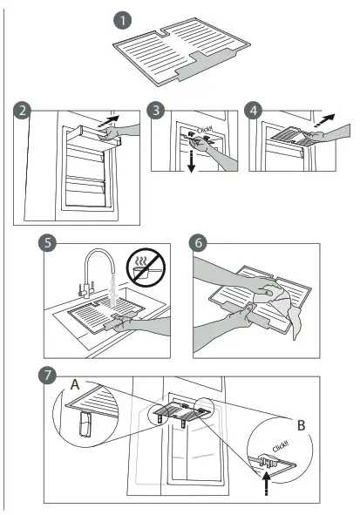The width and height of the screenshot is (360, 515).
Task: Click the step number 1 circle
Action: (x=125, y=17)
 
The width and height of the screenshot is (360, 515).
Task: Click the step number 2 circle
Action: (x=24, y=111)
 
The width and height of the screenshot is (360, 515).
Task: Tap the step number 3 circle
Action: (x=156, y=111)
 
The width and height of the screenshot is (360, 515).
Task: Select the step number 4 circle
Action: (x=255, y=111)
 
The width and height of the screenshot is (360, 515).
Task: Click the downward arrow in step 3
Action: (x=189, y=162)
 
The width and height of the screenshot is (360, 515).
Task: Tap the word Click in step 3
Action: (x=204, y=132)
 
